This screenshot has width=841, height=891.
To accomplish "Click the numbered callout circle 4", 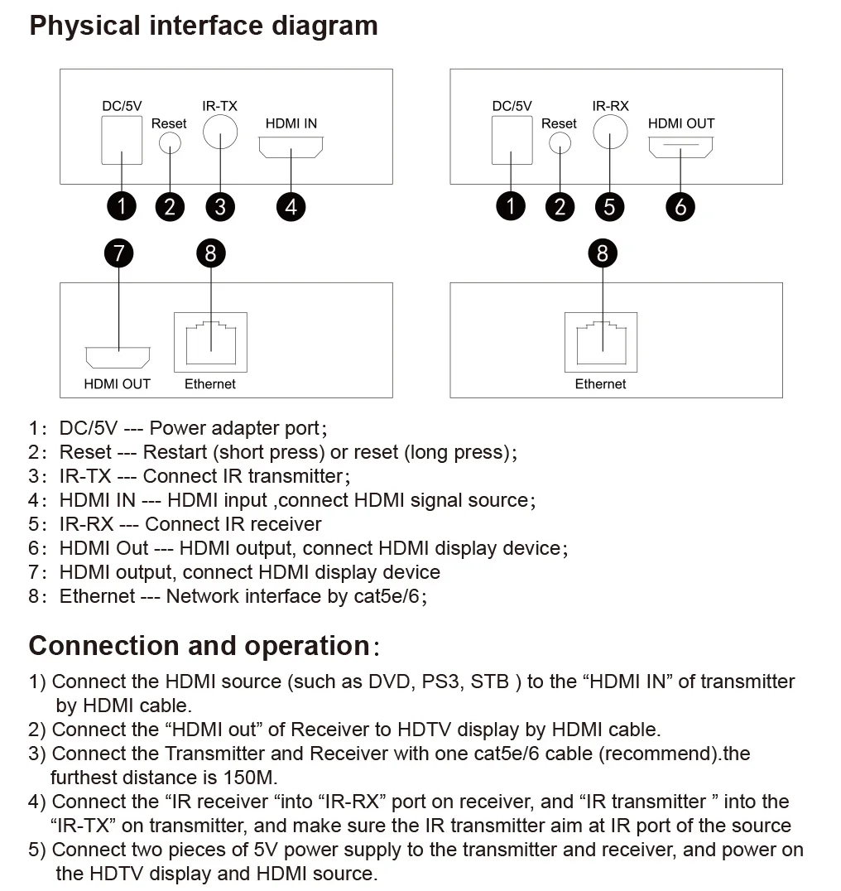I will click(291, 205).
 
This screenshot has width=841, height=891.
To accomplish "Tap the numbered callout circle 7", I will click(120, 252).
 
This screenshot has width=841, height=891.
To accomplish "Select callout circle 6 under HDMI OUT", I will click(680, 205).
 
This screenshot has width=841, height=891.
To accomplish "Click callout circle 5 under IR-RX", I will click(609, 205).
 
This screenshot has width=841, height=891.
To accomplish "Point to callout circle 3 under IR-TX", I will click(219, 205).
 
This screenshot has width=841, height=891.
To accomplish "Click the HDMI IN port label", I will click(291, 123).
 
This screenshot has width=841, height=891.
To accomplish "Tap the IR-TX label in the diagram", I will click(219, 106).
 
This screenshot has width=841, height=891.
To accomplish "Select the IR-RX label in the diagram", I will click(610, 106).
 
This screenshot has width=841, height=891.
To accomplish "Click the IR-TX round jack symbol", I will click(220, 132).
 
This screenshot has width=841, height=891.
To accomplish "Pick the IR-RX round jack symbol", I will click(610, 132).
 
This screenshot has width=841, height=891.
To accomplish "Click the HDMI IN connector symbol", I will click(291, 148).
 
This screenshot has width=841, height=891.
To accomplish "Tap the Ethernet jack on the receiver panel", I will click(602, 342).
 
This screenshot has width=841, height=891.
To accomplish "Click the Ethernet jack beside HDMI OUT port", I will click(210, 342).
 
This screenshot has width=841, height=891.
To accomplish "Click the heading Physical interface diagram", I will click(204, 26).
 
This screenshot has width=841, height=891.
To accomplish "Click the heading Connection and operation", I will click(199, 646).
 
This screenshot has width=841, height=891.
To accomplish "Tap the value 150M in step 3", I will click(250, 778).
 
